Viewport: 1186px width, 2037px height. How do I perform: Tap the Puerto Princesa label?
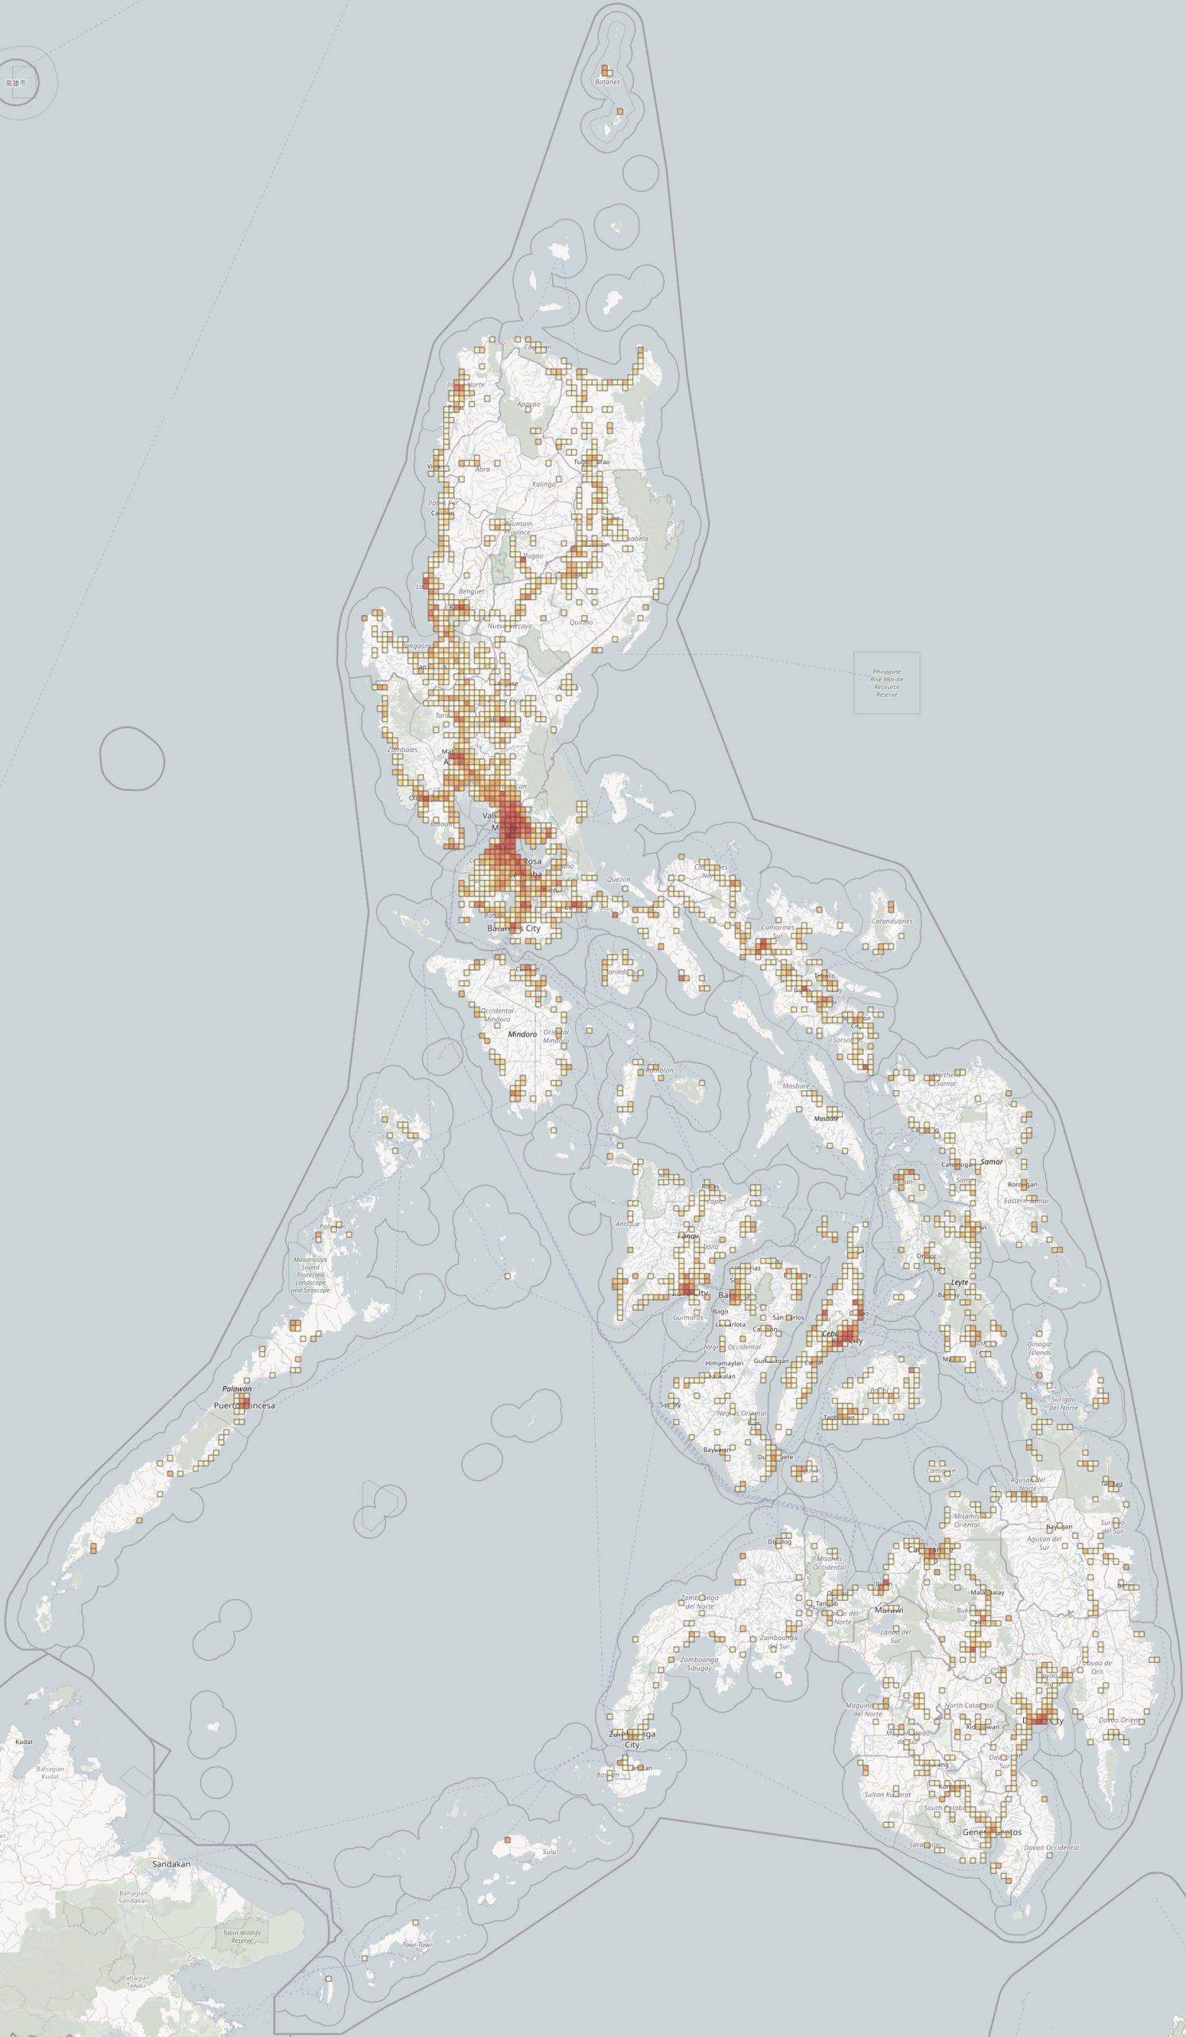[244, 1406]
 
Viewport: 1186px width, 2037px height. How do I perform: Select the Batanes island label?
[607, 82]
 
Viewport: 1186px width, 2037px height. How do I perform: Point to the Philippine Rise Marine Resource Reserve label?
[886, 683]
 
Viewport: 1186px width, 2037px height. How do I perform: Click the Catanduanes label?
[892, 921]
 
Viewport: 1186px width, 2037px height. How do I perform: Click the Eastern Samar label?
[1028, 1201]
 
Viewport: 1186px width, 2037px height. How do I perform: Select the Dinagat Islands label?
[1040, 1349]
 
